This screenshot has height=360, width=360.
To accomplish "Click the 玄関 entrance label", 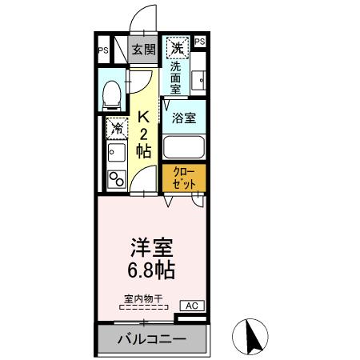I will tap(143, 50).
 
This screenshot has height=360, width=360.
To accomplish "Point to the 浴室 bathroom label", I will tap(183, 118).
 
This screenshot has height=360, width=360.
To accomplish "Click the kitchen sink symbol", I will tap(117, 153).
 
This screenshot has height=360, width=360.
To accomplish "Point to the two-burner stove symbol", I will tap(117, 178).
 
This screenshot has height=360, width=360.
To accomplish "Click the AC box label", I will tap(191, 305).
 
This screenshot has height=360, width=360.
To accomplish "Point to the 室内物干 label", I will tap(142, 299).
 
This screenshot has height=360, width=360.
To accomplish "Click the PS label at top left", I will tap(103, 50).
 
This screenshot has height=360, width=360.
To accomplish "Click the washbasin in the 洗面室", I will tap(200, 78).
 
